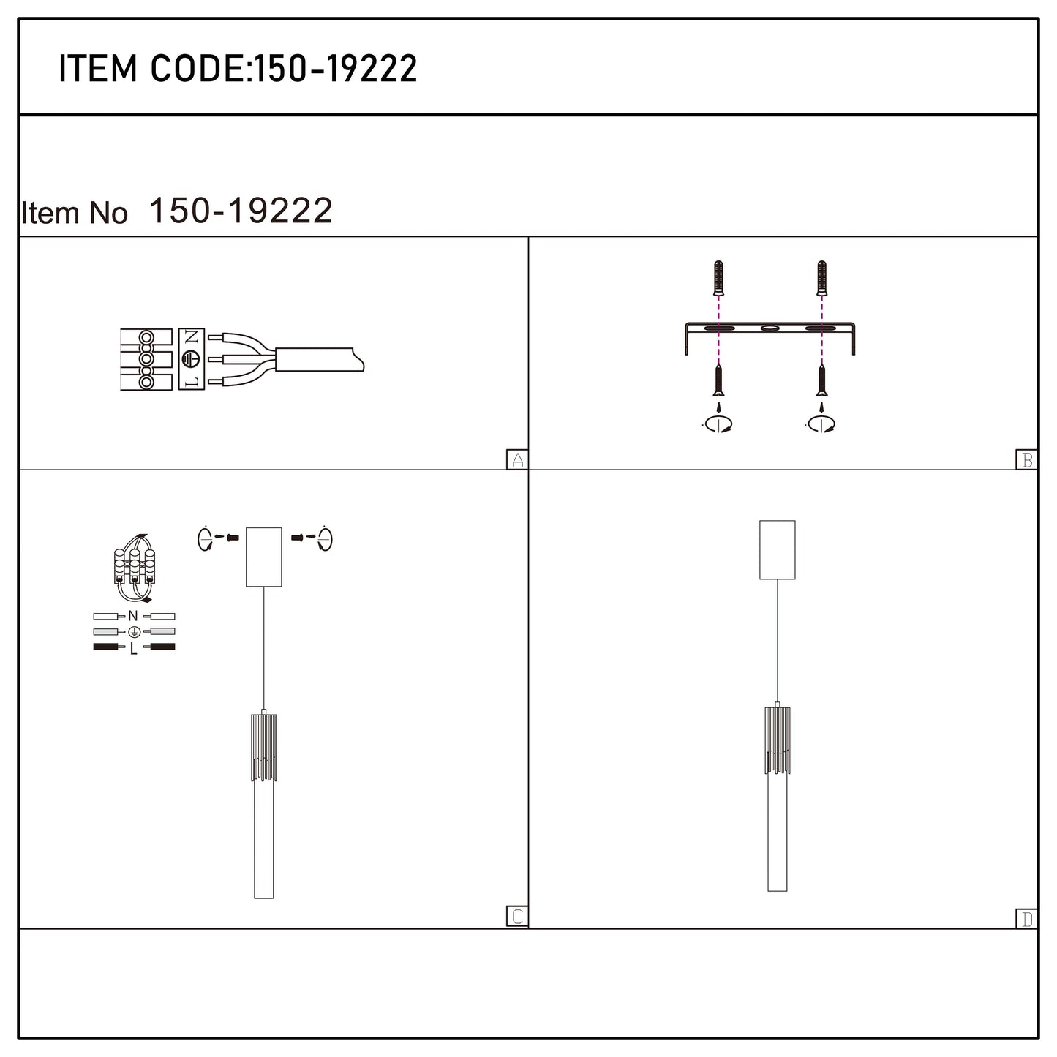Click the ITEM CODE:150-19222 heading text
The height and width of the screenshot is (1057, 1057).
pyautogui.click(x=238, y=69)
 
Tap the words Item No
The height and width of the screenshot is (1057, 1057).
pyautogui.click(x=74, y=213)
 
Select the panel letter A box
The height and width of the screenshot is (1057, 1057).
pyautogui.click(x=516, y=459)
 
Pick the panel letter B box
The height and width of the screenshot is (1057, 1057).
pyautogui.click(x=1026, y=459)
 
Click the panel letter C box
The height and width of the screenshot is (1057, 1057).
pyautogui.click(x=516, y=916)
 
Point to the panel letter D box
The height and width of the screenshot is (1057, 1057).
pyautogui.click(x=1026, y=919)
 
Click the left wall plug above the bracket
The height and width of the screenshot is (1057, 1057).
pyautogui.click(x=718, y=278)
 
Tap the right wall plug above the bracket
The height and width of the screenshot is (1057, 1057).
pyautogui.click(x=821, y=278)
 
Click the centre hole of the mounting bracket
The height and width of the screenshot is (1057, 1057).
pyautogui.click(x=770, y=328)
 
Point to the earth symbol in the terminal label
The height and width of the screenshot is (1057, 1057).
pyautogui.click(x=192, y=358)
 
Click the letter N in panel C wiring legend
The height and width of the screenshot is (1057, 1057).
pyautogui.click(x=133, y=616)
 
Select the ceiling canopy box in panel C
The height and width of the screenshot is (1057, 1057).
pyautogui.click(x=264, y=557)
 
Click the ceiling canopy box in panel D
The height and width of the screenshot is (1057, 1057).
pyautogui.click(x=778, y=550)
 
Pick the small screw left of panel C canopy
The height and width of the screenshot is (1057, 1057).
pyautogui.click(x=233, y=538)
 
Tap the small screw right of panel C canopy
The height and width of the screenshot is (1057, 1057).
pyautogui.click(x=297, y=538)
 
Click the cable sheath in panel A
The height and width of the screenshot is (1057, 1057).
pyautogui.click(x=319, y=359)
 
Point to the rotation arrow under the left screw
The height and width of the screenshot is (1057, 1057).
pyautogui.click(x=718, y=424)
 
